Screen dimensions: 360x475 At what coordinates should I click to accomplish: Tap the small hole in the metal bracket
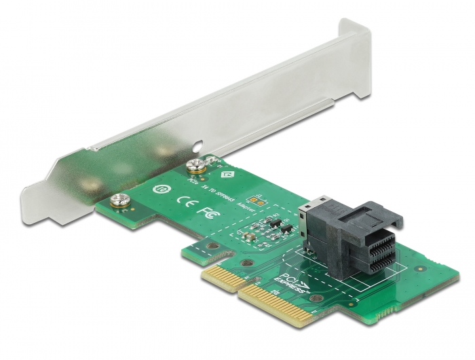coord(197,145)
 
